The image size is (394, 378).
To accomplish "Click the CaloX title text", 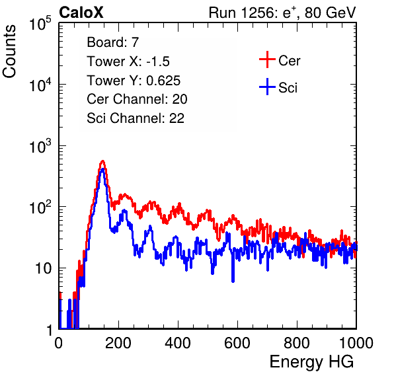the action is coord(81,13).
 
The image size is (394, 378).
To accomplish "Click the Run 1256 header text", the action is coord(282,13).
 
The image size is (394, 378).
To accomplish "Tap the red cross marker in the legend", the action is coord(267,59).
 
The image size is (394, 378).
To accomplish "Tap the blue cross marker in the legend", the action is coord(267,87).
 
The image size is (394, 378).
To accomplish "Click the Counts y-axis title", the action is coord(9,52).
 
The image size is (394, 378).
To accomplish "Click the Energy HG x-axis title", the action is coord(311,362).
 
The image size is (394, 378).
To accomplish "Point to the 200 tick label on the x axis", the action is coord(118,343).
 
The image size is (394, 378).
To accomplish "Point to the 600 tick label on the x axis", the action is coord(237,343).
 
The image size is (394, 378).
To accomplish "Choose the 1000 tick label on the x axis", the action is coord(356,343).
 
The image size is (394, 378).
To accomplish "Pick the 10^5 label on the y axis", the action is coord(40,24).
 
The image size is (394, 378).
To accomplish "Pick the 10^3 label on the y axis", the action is coord(40,147).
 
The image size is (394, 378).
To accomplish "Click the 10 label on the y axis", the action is coord(43,268).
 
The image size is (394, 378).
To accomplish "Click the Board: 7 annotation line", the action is coord(113,42).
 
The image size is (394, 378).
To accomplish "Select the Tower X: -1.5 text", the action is coord(128,61).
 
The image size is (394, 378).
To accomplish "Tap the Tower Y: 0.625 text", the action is coord(134,81).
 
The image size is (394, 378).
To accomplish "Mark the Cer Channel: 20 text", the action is coord(137,99).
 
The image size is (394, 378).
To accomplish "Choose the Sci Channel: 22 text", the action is coord(136,118).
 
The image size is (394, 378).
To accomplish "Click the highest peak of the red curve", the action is coord(102,161).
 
